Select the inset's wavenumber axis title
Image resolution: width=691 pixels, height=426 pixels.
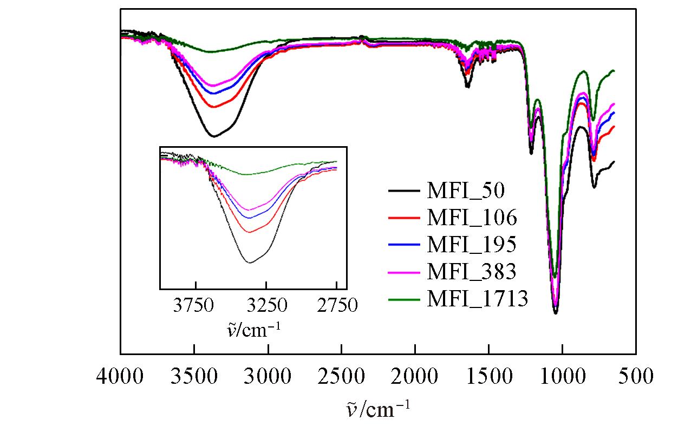coord(253,329)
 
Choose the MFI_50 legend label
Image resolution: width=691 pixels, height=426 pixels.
coord(466,191)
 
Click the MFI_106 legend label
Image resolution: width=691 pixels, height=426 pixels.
coord(472,218)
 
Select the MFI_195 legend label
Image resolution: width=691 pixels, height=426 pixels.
coord(472,245)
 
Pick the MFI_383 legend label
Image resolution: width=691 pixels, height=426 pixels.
coord(472,272)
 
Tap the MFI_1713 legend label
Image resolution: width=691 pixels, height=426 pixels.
coord(477,299)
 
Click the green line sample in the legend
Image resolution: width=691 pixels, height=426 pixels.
coord(405,299)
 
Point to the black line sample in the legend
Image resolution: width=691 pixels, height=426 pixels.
coord(405,191)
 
